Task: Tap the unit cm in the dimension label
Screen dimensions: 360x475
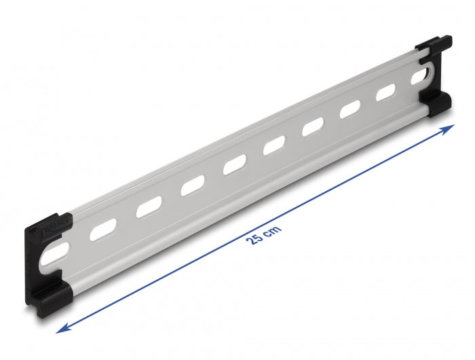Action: tap(272, 228)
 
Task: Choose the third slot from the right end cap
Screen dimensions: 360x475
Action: tap(350, 109)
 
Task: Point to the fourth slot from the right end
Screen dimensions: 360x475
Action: tap(313, 126)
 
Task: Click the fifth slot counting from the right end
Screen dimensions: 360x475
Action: tap(274, 144)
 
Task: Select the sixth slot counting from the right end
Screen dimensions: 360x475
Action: tap(234, 164)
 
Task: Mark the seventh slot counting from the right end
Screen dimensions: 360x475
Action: tap(192, 184)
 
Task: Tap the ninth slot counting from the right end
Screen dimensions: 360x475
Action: tap(103, 228)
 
